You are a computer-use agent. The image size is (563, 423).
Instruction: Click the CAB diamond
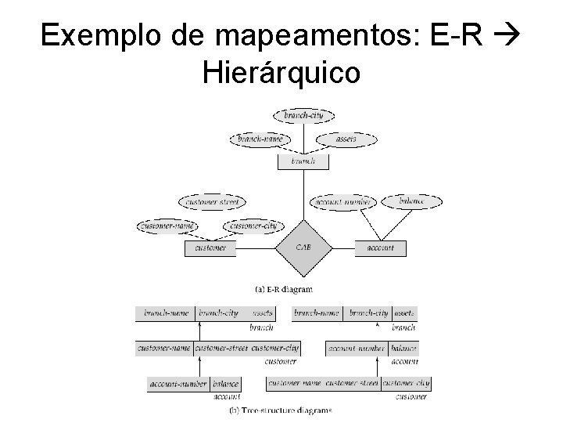click(303, 248)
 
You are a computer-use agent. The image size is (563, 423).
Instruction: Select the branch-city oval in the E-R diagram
click(303, 116)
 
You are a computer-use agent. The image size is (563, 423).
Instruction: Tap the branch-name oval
click(261, 139)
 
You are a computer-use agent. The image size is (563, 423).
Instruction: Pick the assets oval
click(346, 139)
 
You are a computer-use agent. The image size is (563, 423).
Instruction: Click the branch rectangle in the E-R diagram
click(303, 161)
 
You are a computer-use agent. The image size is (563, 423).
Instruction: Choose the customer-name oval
click(167, 226)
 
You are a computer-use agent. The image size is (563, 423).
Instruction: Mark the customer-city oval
click(253, 226)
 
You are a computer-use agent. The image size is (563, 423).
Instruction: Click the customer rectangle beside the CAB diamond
click(210, 248)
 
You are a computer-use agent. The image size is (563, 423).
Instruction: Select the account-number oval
click(342, 202)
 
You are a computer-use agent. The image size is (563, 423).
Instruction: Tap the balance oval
click(412, 201)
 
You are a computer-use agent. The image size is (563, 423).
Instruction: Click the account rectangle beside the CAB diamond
click(381, 248)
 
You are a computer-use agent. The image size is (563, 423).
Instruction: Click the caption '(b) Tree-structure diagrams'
click(280, 410)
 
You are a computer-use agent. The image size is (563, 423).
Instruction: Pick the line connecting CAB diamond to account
click(344, 248)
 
